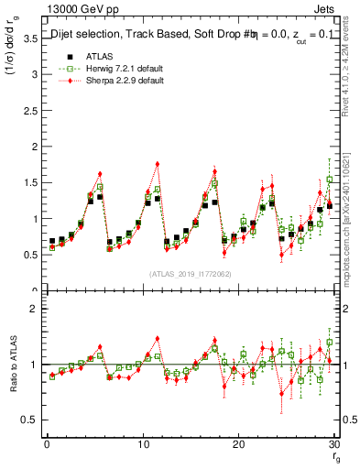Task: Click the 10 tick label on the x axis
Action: [143, 444]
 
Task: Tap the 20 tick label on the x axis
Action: [238, 444]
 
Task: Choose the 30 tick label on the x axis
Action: [334, 444]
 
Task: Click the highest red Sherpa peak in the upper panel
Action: [158, 164]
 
